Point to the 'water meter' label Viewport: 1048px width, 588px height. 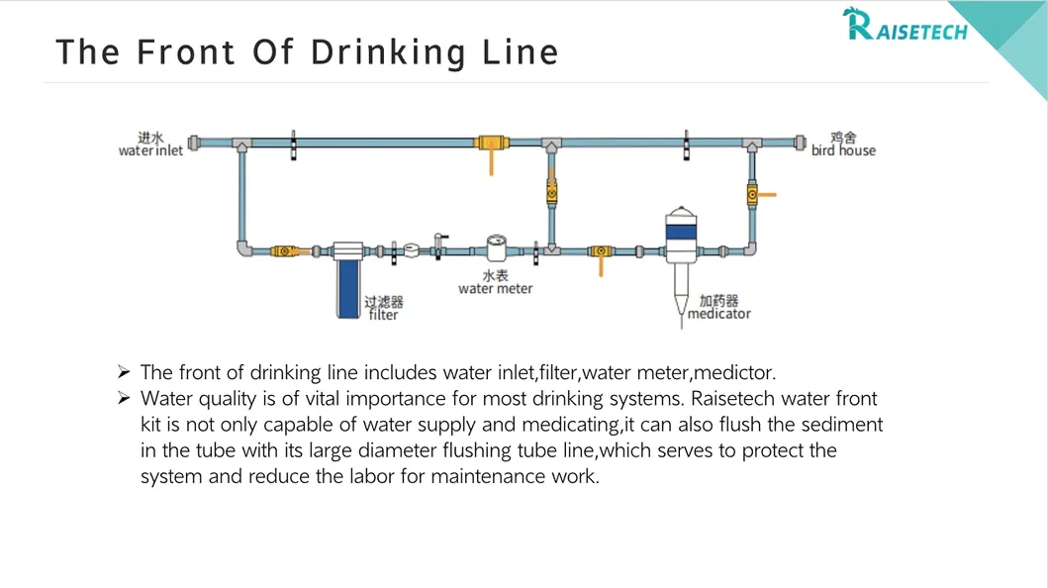click(495, 288)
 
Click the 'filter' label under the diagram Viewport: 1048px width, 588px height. click(383, 315)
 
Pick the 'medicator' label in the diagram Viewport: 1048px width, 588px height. click(719, 314)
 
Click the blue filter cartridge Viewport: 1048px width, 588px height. click(347, 288)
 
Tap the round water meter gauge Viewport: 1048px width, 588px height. click(497, 247)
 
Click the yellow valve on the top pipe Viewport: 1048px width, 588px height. click(489, 144)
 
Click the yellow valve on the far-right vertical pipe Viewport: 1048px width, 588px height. click(753, 195)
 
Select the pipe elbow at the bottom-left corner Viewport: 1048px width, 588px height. click(242, 248)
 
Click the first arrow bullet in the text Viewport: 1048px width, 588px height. click(124, 372)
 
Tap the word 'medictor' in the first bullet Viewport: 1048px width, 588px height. click(734, 373)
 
